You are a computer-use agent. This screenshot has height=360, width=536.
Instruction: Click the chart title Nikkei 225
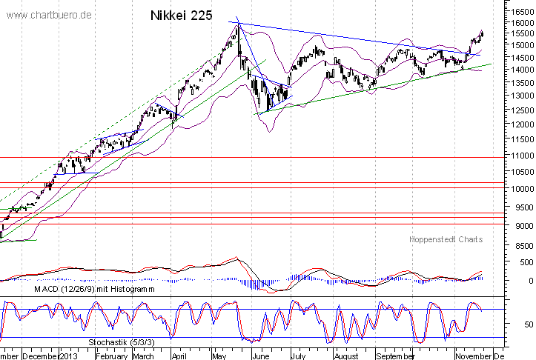click(x=181, y=15)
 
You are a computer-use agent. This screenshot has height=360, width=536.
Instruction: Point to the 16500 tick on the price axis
click(x=517, y=11)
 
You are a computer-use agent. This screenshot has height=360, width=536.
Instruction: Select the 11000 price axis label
click(x=517, y=156)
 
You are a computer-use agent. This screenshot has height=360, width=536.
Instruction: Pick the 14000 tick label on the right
click(x=517, y=70)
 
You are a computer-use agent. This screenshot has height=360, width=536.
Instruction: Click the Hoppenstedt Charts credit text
click(x=446, y=240)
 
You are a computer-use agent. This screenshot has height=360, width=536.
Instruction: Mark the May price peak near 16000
click(x=237, y=24)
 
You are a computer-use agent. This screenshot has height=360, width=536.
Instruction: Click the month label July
click(x=297, y=354)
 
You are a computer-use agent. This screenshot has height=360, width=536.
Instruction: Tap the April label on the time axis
click(x=179, y=354)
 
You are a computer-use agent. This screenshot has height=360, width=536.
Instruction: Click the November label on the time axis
click(x=473, y=354)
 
